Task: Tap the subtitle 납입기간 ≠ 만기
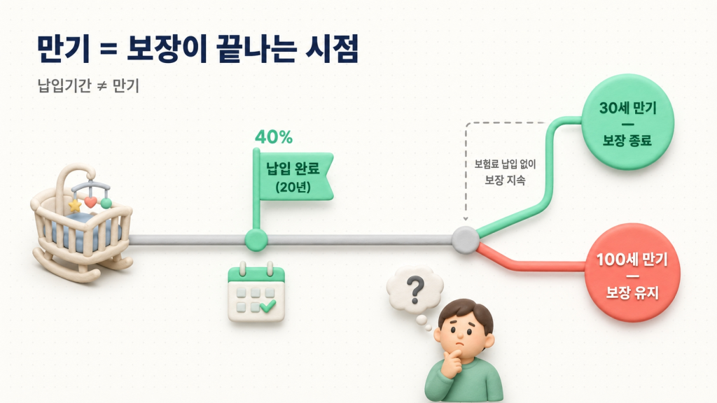90,87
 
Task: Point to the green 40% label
274,137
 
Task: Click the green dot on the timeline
256,240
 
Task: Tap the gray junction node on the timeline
464,239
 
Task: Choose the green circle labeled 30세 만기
627,124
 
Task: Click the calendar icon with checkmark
256,295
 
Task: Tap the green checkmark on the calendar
267,306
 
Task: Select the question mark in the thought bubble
416,288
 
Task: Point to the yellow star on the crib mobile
74,206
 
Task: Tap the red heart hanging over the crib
90,202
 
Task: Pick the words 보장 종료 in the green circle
627,140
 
